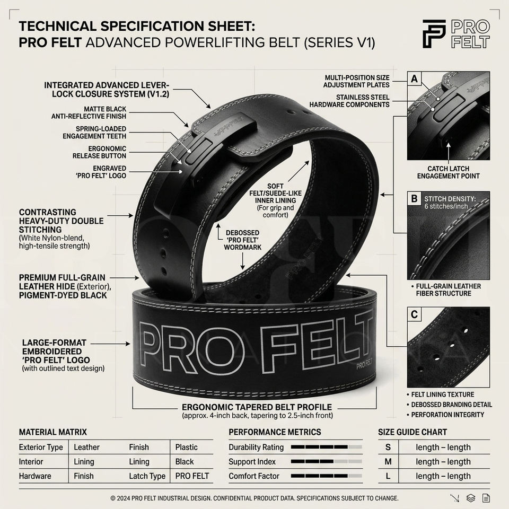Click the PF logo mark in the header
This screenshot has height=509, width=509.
coord(434,34)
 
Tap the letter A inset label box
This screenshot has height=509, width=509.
coord(414,79)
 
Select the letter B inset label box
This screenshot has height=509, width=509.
coord(414,198)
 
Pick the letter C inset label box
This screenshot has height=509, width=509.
coord(414,314)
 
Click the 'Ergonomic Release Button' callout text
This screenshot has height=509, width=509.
coord(99,152)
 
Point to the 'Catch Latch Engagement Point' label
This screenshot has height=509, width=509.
coord(449,172)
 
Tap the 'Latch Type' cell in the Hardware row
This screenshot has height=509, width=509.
coord(147,476)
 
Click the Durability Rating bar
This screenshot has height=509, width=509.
coord(326,447)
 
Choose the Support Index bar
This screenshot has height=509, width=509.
coord(326,461)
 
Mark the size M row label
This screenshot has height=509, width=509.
coord(388,461)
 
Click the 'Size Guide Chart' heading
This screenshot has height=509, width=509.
coord(413,432)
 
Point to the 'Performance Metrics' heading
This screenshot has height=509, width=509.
coord(275,432)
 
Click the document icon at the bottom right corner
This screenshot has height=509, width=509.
coord(486,498)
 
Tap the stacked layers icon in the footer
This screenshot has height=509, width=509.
coord(471,498)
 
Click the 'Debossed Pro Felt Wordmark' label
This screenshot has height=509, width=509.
coord(242,240)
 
